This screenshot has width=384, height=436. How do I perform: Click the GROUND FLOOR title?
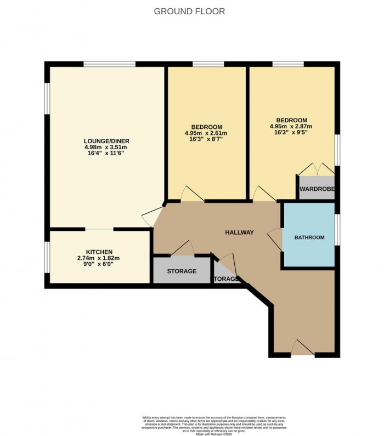[x=189, y=11]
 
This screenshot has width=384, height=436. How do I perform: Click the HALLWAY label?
[x=239, y=233]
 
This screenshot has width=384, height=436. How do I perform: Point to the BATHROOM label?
[x=309, y=237]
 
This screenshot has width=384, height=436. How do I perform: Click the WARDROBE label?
[x=317, y=190]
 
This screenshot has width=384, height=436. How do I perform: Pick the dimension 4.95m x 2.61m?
[x=206, y=133]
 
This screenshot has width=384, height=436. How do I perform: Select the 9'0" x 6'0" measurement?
[x=99, y=264]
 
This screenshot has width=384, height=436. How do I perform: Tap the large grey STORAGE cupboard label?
[x=182, y=271]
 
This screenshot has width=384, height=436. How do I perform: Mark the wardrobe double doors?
[x=317, y=168]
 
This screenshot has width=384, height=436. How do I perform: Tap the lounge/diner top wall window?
[x=109, y=64]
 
